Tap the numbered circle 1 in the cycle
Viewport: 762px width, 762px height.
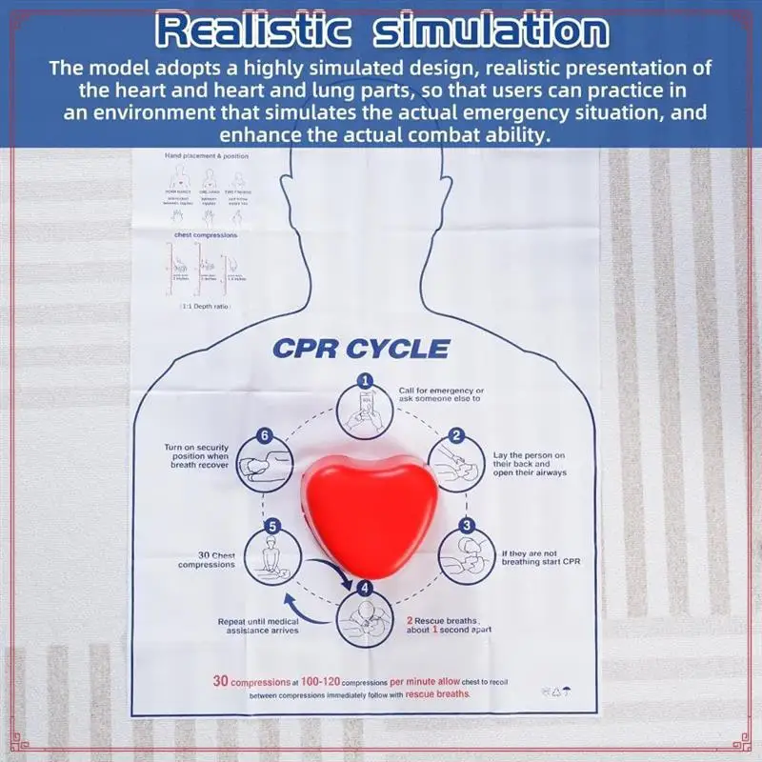363,380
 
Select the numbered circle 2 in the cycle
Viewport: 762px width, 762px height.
456,435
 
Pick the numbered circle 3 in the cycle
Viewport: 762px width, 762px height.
467,526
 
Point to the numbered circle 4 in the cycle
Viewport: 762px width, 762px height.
363,587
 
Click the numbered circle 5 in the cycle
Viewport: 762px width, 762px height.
272,526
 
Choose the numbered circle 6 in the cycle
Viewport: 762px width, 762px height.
267,435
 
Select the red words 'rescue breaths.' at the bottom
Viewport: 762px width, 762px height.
437,694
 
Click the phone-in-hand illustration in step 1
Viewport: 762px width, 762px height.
363,412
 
